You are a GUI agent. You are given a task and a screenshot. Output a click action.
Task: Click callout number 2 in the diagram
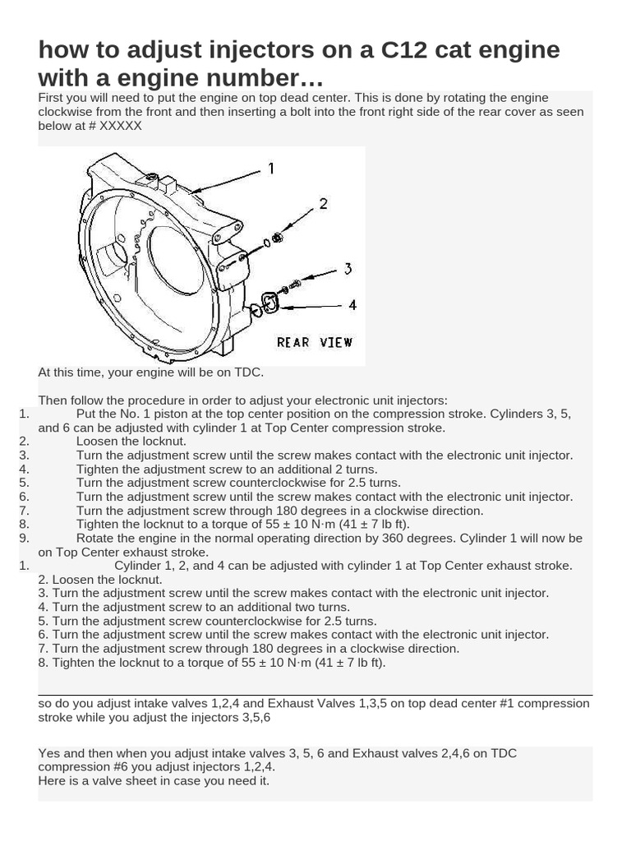323,203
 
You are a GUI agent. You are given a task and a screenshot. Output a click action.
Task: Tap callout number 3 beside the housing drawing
348,268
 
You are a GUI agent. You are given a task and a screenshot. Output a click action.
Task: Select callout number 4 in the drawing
352,304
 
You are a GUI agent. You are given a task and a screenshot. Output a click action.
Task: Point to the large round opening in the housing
175,259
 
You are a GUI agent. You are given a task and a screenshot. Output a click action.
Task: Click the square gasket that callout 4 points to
269,303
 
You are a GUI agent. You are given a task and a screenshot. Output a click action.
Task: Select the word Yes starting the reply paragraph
49,753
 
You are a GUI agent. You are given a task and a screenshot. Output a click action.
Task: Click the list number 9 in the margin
24,538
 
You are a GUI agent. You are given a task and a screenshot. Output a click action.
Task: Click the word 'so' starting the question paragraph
45,704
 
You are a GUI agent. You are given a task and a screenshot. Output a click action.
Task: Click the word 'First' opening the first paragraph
52,98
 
